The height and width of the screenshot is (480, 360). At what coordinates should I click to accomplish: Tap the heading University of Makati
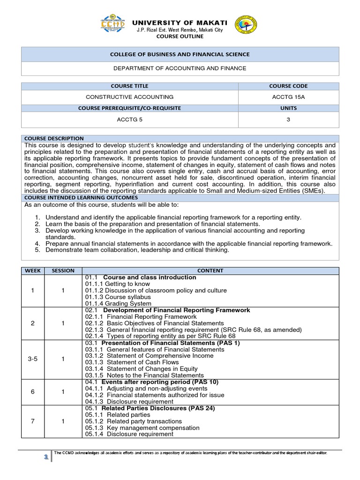(180, 22)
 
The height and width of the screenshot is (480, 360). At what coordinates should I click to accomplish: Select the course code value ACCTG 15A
(288, 97)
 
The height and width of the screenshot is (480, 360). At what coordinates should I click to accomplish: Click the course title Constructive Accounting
(130, 97)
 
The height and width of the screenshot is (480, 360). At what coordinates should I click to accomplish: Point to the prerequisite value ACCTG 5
(130, 119)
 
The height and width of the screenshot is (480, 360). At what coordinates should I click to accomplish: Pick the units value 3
(288, 119)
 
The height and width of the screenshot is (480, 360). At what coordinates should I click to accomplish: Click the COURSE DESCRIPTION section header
(54, 139)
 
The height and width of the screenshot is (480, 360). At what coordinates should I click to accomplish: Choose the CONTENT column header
(210, 270)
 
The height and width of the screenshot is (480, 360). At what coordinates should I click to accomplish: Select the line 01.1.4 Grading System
(118, 304)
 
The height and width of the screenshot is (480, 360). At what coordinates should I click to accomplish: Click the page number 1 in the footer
(46, 457)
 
